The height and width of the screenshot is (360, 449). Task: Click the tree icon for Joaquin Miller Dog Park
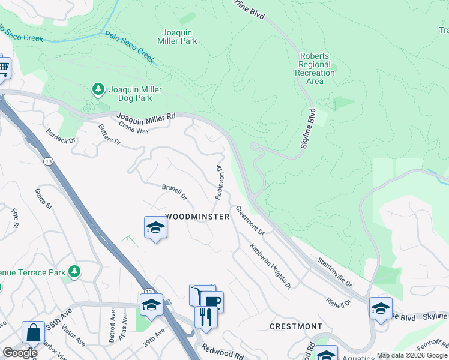[x=98, y=89]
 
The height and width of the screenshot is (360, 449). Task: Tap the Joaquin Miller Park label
[x=179, y=37]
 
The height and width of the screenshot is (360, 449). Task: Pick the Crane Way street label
[x=133, y=127]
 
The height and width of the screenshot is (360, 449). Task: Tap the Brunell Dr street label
[x=175, y=191]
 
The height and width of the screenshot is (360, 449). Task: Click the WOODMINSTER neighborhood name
[x=197, y=217]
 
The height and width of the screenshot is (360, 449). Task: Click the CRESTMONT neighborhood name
[x=295, y=326]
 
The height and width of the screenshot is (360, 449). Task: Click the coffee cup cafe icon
[x=212, y=301]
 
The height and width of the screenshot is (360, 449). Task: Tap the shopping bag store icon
[x=33, y=331]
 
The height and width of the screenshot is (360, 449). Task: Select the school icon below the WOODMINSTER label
[x=155, y=227]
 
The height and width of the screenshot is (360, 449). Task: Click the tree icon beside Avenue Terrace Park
[x=74, y=272]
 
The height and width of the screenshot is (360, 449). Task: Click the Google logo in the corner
[x=20, y=353]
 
